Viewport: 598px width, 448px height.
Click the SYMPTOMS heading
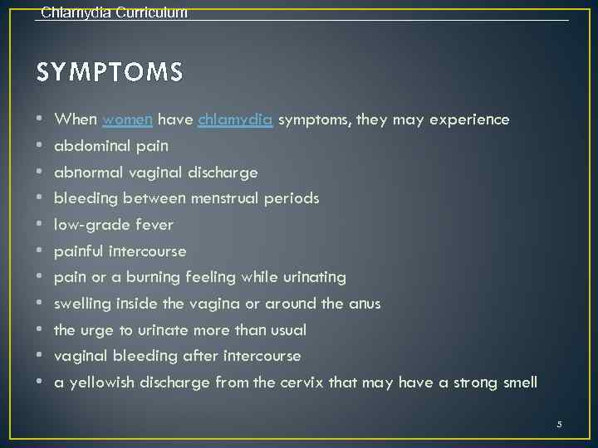point(110,73)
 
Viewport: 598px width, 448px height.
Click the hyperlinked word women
point(126,119)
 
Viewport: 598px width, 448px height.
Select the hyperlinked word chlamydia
point(235,119)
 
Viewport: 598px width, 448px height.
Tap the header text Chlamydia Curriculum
point(114,12)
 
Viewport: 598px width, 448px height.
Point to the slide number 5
point(559,424)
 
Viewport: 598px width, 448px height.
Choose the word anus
point(364,304)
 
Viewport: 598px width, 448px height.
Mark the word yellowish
point(100,382)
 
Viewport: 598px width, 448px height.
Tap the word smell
point(518,382)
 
